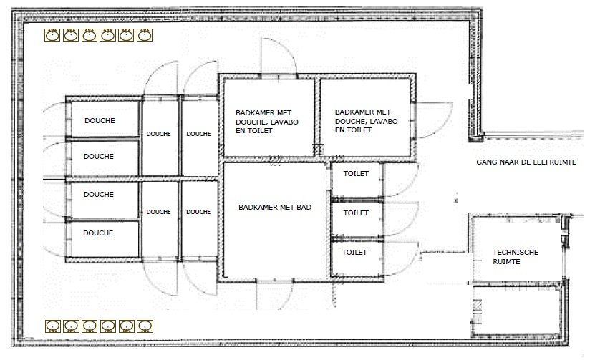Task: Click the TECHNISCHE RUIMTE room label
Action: (516, 257)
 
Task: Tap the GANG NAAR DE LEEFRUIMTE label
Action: (526, 162)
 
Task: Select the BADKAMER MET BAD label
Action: (275, 207)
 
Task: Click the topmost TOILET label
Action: (356, 174)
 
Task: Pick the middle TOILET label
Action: (356, 213)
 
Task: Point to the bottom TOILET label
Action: (354, 252)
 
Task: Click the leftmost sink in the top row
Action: (52, 35)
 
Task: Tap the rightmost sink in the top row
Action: (145, 35)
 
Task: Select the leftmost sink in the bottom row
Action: (53, 326)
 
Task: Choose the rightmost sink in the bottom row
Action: (145, 326)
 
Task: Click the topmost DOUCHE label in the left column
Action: (100, 121)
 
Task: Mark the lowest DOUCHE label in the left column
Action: (98, 233)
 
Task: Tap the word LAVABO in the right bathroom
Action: (384, 121)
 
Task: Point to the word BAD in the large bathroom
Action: (304, 207)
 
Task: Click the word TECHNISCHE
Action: (516, 252)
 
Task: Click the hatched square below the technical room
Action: (478, 305)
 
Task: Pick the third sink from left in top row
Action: (90, 35)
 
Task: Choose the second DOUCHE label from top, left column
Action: (99, 156)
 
